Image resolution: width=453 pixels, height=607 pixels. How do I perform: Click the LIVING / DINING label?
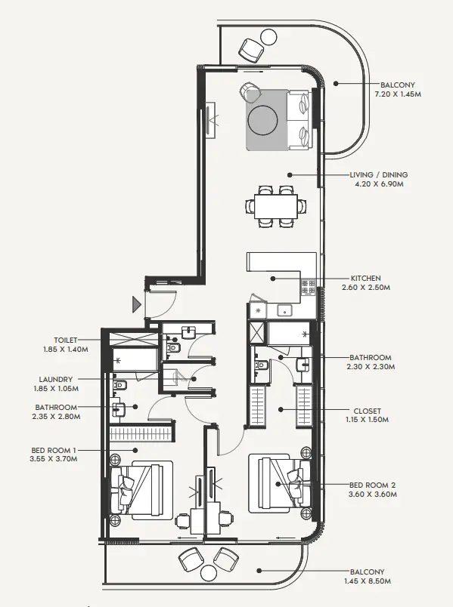point(373,174)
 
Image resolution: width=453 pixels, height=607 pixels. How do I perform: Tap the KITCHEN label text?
point(365,278)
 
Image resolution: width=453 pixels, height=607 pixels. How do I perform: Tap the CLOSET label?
point(365,411)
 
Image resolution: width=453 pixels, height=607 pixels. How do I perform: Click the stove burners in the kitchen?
point(309,287)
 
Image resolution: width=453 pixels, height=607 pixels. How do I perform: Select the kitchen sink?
point(285,310)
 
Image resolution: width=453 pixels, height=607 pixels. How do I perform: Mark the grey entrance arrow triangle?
point(137,304)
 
